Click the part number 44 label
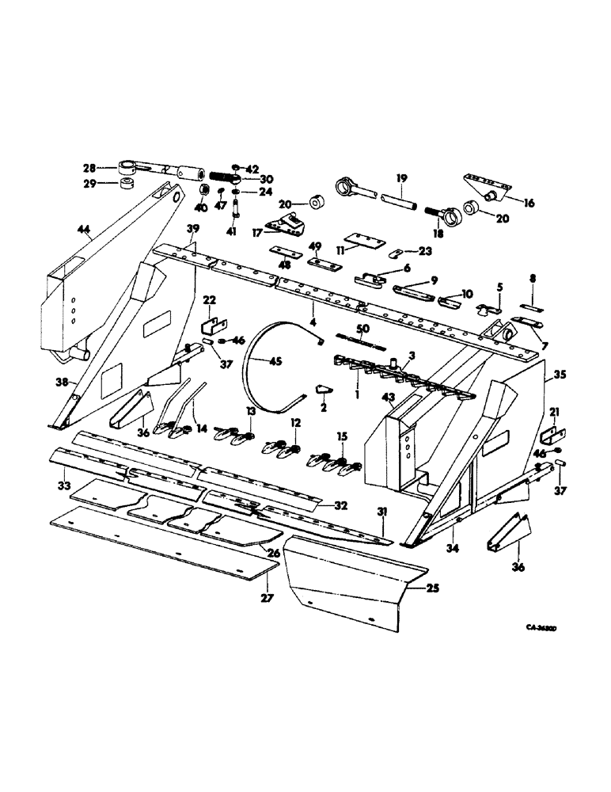(84, 230)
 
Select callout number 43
(389, 396)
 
